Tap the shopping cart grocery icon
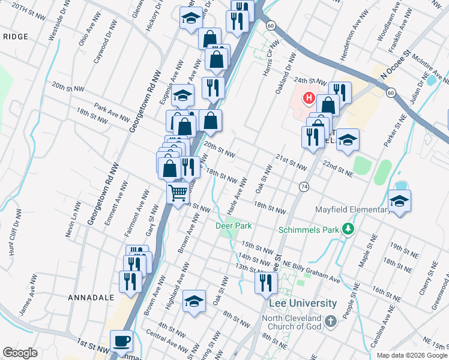pyautogui.click(x=178, y=193)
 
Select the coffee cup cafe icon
pyautogui.click(x=122, y=340)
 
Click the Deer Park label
pyautogui.click(x=234, y=226)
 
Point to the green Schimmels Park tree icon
pyautogui.click(x=347, y=229)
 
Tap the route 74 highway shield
pyautogui.click(x=304, y=187)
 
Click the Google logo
pyautogui.click(x=20, y=353)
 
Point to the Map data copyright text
pyautogui.click(x=412, y=355)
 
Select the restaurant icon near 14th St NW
pyautogui.click(x=265, y=281)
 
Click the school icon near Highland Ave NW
pyautogui.click(x=194, y=301)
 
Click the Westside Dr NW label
pyautogui.click(x=56, y=26)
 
